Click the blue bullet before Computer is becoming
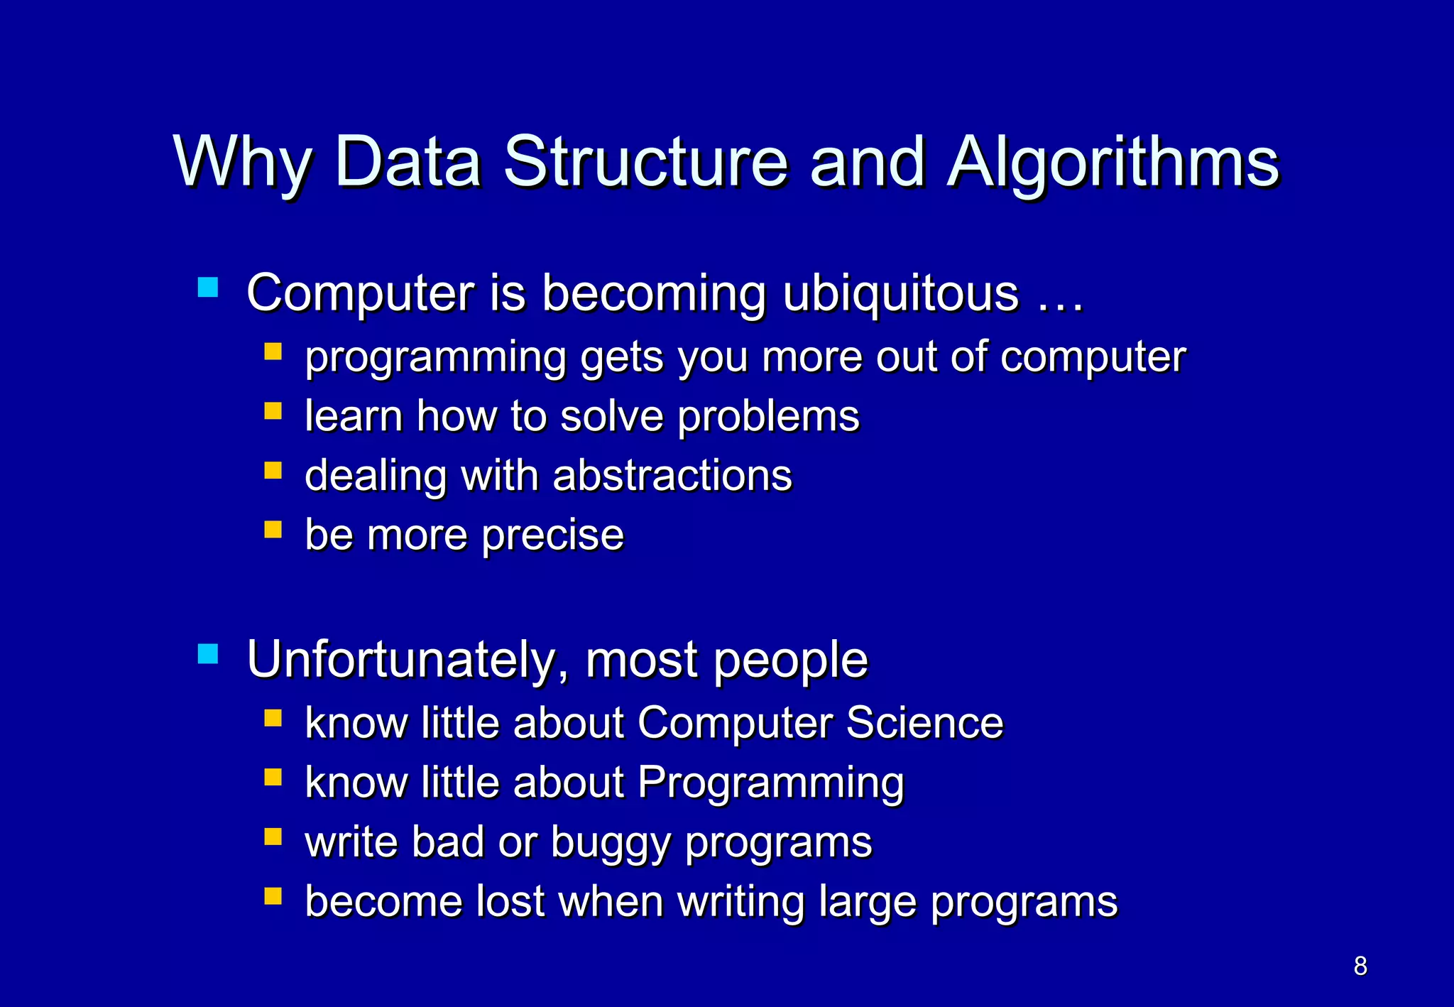[208, 287]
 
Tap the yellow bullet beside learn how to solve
[273, 411]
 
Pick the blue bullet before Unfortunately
[208, 653]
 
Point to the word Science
[924, 722]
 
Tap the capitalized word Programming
[770, 782]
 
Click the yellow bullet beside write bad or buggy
[273, 837]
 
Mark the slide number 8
[1360, 966]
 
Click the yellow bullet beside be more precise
[273, 530]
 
